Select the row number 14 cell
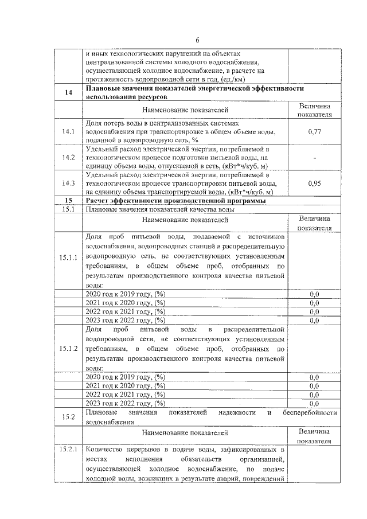(68, 93)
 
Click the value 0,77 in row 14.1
(314, 132)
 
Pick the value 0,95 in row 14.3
(314, 184)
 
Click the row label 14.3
(68, 184)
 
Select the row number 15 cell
(68, 200)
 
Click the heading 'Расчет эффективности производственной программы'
(175, 200)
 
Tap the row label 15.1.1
(68, 259)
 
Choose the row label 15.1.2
(68, 349)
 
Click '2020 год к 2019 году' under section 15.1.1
(125, 294)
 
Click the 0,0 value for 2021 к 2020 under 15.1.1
(314, 302)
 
